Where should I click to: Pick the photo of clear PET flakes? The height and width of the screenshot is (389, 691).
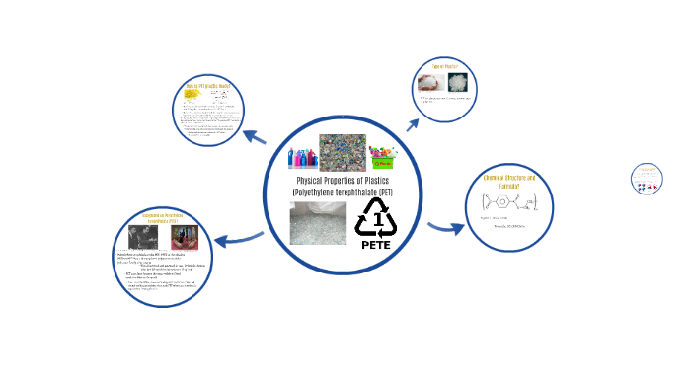pos(318,222)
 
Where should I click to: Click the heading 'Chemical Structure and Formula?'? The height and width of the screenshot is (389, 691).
pos(507,183)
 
